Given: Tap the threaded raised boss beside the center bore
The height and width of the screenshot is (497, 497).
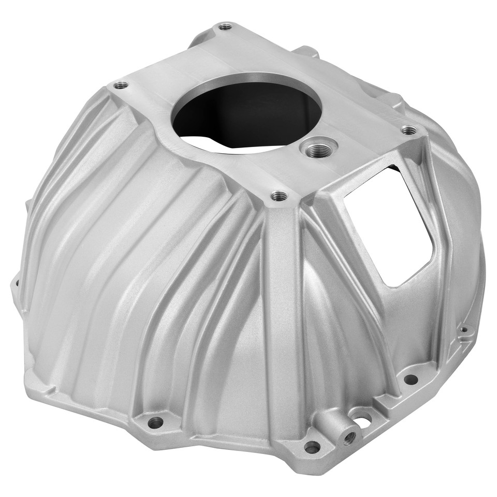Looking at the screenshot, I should point(318,149).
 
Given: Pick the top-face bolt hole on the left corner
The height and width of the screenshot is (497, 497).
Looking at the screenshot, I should point(121,85).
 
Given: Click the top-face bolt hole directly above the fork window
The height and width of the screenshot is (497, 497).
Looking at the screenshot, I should point(408,129).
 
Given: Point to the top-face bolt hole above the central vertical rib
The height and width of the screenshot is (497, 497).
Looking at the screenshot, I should point(279,196).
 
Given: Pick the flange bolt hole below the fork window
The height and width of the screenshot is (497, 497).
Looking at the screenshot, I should point(411,379).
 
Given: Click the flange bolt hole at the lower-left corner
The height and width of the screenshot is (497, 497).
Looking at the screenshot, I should point(155,422).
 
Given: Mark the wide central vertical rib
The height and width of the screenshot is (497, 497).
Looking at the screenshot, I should point(282,311).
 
